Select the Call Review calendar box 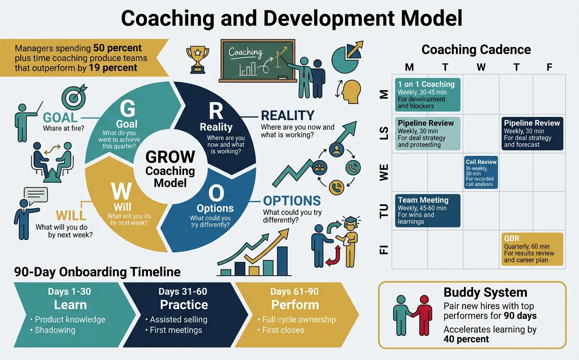(x=481, y=172)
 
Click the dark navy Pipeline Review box (x=532, y=133)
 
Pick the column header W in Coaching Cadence (x=481, y=67)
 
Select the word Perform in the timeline (x=295, y=305)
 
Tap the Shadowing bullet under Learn (x=55, y=330)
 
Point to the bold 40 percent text (x=466, y=339)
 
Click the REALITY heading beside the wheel (x=288, y=116)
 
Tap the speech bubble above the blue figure (x=36, y=195)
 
